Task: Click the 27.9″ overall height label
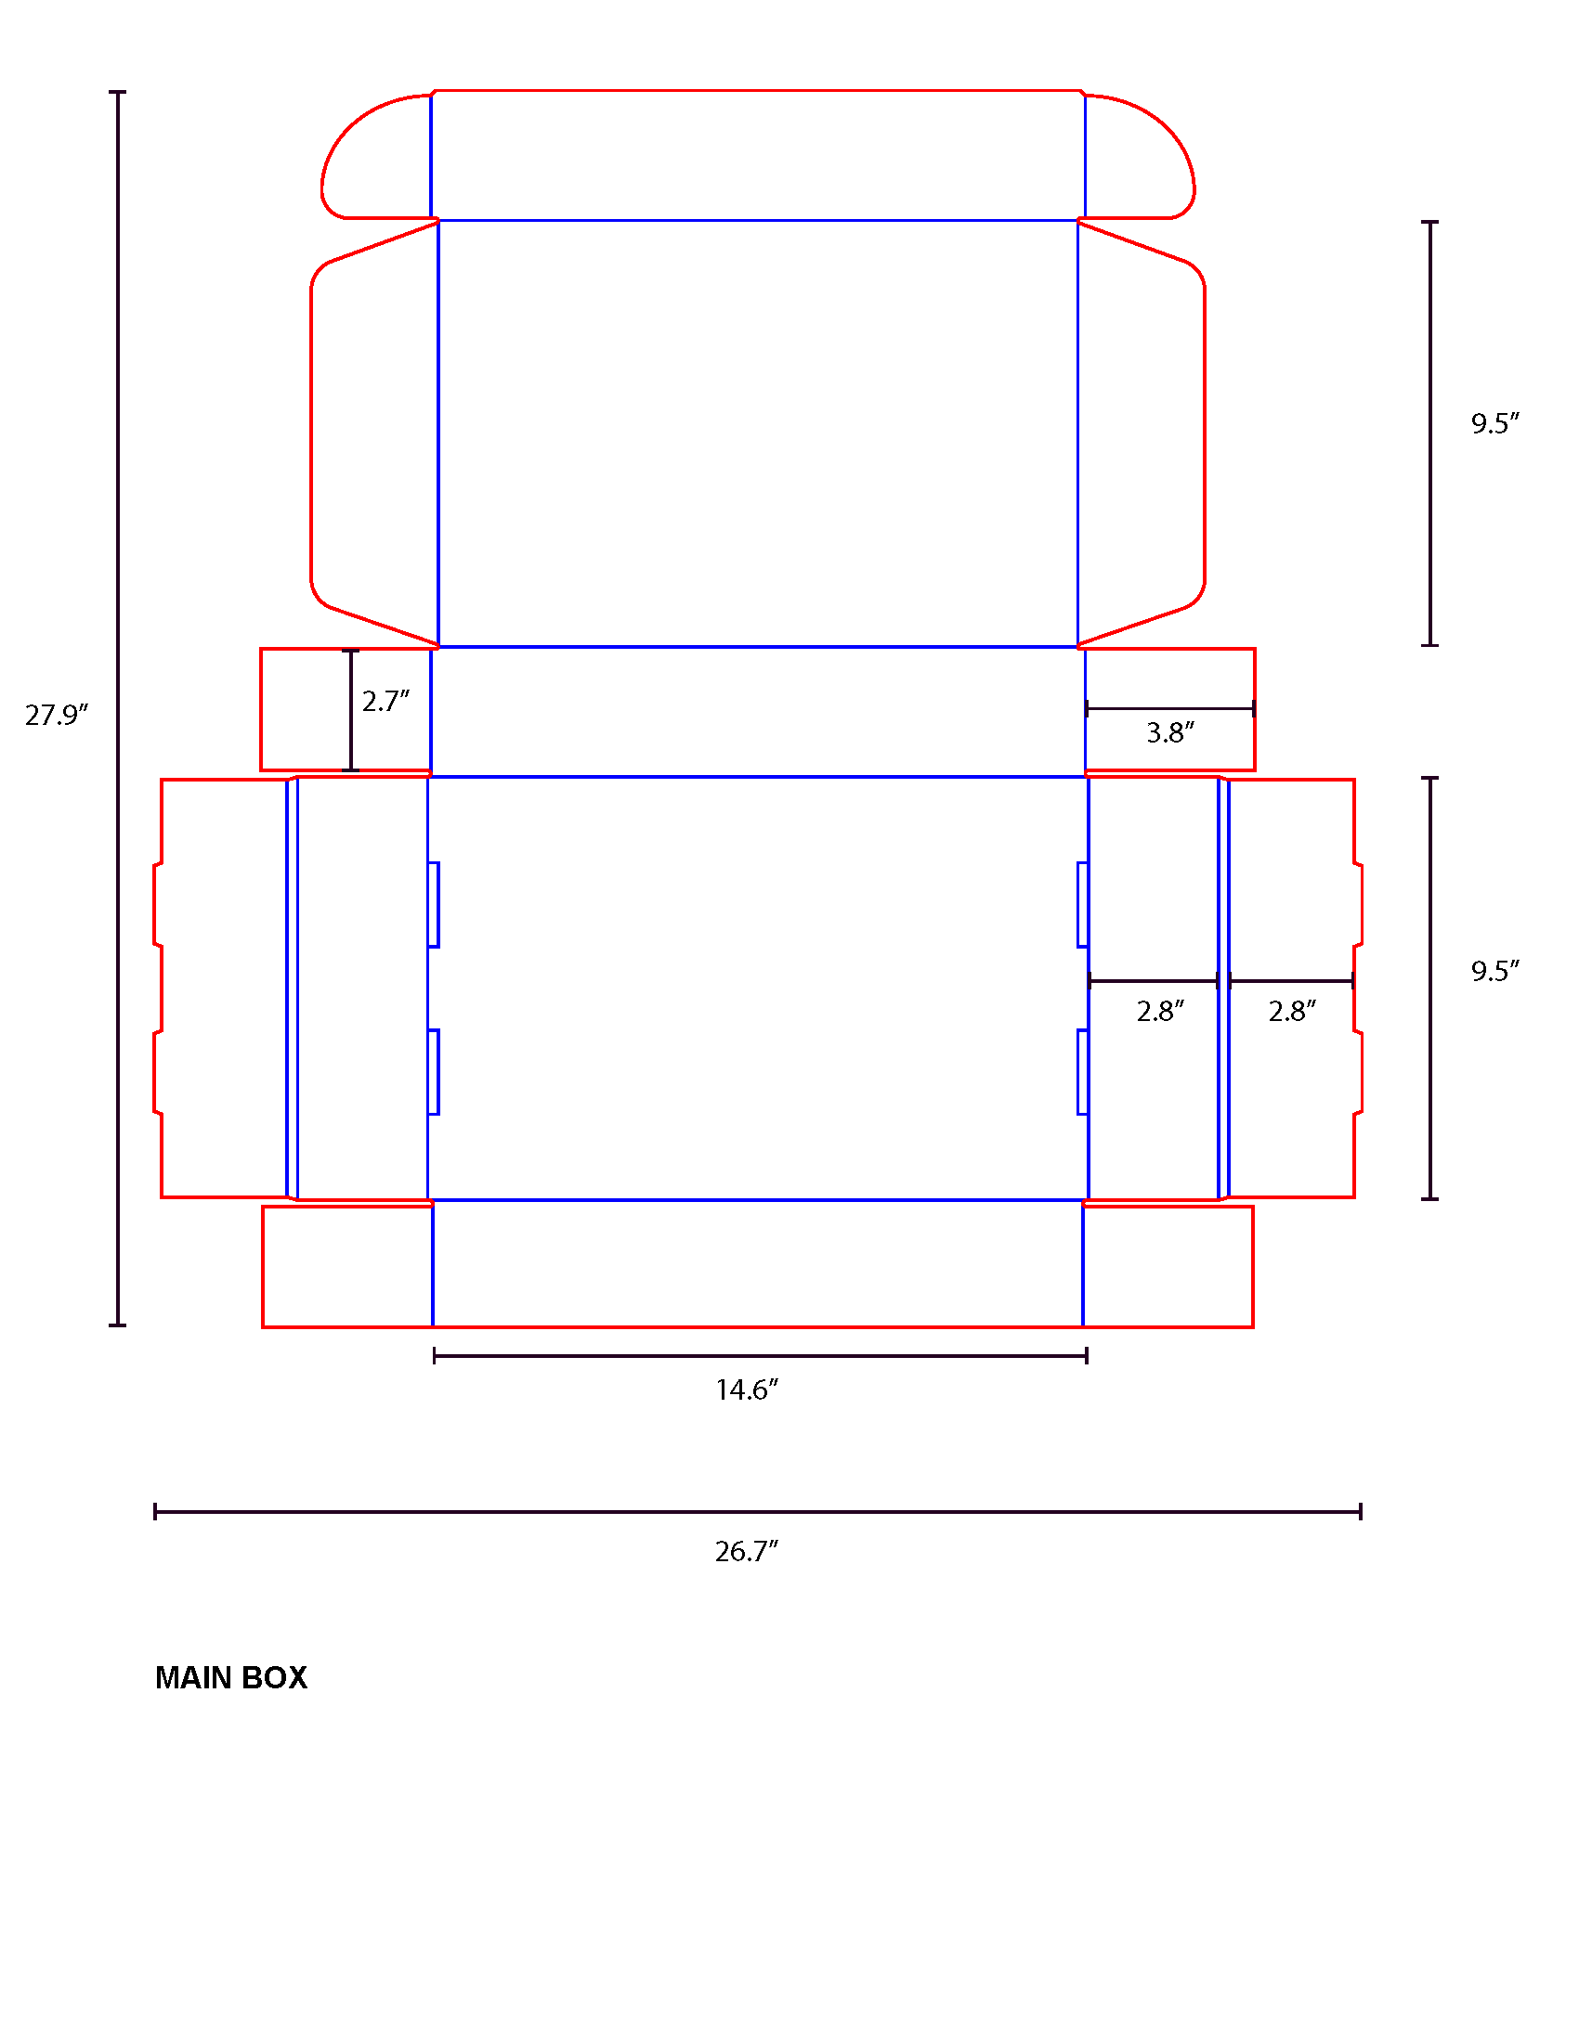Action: point(56,716)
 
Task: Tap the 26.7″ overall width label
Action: point(747,1552)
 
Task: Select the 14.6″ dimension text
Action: point(747,1390)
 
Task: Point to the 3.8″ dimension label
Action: point(1170,732)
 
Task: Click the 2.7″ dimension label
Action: point(385,701)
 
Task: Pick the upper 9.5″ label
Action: point(1494,423)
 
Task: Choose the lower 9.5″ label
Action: point(1494,972)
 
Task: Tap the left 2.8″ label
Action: point(1160,1012)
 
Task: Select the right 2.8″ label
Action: point(1292,1012)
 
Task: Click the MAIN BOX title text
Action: point(231,1678)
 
